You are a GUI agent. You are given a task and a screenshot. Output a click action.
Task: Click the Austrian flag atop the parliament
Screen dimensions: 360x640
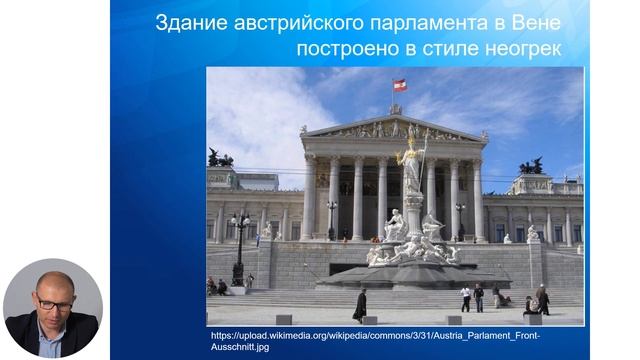400,85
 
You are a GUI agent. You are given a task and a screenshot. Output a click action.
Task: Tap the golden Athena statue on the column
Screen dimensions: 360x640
410,166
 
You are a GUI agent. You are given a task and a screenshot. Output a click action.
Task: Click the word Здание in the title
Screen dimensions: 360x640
186,23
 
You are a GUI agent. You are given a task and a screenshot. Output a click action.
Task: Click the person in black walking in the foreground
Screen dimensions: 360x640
360,304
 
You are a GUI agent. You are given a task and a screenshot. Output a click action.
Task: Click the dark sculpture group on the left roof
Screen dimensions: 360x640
220,159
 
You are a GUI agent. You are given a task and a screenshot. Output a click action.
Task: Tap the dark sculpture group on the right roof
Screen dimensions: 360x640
532,166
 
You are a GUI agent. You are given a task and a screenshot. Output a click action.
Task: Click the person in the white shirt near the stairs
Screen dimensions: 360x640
465,297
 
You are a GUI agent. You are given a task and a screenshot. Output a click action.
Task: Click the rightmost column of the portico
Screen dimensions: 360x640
479,199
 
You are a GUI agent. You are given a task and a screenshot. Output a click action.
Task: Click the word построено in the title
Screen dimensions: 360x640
342,48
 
